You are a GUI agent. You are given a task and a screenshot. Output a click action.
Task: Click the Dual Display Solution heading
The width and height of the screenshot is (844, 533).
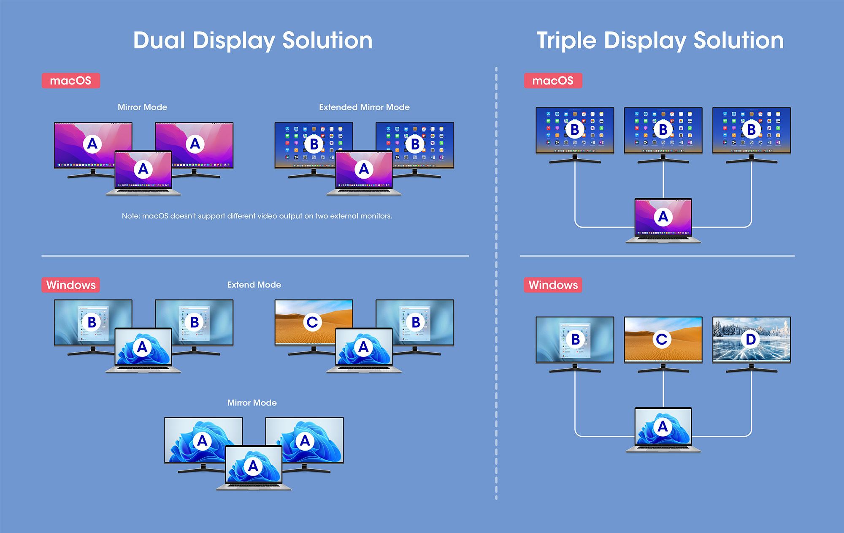coord(253,41)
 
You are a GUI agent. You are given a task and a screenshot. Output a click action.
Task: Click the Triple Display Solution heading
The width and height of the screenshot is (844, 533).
coord(660,41)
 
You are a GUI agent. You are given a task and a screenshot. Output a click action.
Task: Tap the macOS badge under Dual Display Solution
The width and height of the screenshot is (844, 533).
coord(71,81)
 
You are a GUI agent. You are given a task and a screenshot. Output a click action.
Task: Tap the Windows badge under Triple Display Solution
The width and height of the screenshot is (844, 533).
coord(553,285)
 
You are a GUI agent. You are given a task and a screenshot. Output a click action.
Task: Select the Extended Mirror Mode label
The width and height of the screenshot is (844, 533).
coord(364,107)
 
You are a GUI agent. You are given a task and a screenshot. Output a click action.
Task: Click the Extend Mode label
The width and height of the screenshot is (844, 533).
coord(254,285)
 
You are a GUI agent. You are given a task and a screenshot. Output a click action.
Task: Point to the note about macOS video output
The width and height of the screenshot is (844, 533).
coord(257,216)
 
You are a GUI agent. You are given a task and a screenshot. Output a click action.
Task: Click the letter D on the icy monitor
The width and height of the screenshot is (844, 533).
coord(751,339)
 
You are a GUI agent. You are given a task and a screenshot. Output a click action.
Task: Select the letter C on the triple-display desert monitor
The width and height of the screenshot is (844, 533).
coord(662,339)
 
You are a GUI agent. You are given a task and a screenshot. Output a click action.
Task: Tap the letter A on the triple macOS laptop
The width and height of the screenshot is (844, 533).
coord(663,217)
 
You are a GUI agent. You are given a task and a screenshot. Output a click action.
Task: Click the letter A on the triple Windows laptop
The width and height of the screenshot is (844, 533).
coord(663,426)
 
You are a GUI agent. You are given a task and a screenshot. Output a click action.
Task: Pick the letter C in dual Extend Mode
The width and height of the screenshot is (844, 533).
coord(312,322)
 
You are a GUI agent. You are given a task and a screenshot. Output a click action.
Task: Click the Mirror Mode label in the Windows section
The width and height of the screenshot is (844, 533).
coord(252,403)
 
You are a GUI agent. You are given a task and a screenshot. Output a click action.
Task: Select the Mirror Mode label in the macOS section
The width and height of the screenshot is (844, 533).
coord(142,107)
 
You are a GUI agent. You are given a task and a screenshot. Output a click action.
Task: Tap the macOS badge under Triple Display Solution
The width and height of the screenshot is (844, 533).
coord(553,81)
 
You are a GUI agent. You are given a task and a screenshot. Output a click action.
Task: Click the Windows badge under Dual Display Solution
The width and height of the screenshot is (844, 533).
coord(71,285)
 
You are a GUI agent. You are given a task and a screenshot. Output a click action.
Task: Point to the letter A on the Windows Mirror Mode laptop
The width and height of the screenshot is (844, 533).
coord(253,466)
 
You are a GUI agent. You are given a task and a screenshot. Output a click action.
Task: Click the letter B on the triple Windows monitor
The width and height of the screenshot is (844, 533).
coord(575,339)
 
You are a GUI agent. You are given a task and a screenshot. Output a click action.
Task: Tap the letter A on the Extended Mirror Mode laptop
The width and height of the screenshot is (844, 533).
coord(364,169)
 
